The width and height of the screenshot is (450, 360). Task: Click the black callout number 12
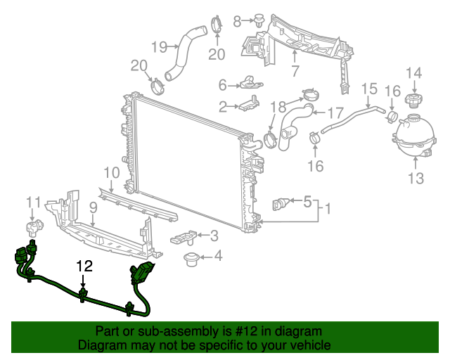click(x=84, y=266)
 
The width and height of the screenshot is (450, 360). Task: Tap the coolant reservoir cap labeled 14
click(x=413, y=100)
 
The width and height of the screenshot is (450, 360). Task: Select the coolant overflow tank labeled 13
click(x=413, y=135)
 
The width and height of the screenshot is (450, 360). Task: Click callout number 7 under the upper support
click(x=295, y=71)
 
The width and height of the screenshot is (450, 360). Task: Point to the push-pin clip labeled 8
click(x=259, y=20)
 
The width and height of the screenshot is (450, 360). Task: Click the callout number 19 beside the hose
click(x=160, y=47)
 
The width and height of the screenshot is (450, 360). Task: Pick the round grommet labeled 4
click(x=191, y=259)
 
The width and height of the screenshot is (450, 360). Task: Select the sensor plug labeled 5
click(x=279, y=204)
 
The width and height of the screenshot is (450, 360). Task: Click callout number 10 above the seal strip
click(x=112, y=173)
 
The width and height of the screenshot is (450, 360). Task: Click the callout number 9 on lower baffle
click(x=94, y=208)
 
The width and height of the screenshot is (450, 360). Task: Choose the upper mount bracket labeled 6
click(x=250, y=82)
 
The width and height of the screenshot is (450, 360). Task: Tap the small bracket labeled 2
click(x=248, y=103)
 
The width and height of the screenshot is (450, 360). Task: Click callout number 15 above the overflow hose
click(x=369, y=89)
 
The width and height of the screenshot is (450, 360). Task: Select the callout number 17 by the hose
click(x=335, y=112)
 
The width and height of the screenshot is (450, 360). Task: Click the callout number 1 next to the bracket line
click(x=328, y=209)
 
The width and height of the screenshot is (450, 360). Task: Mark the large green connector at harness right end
click(x=142, y=272)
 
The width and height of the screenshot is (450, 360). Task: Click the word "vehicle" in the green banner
click(x=314, y=345)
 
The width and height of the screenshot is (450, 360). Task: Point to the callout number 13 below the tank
click(x=416, y=179)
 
